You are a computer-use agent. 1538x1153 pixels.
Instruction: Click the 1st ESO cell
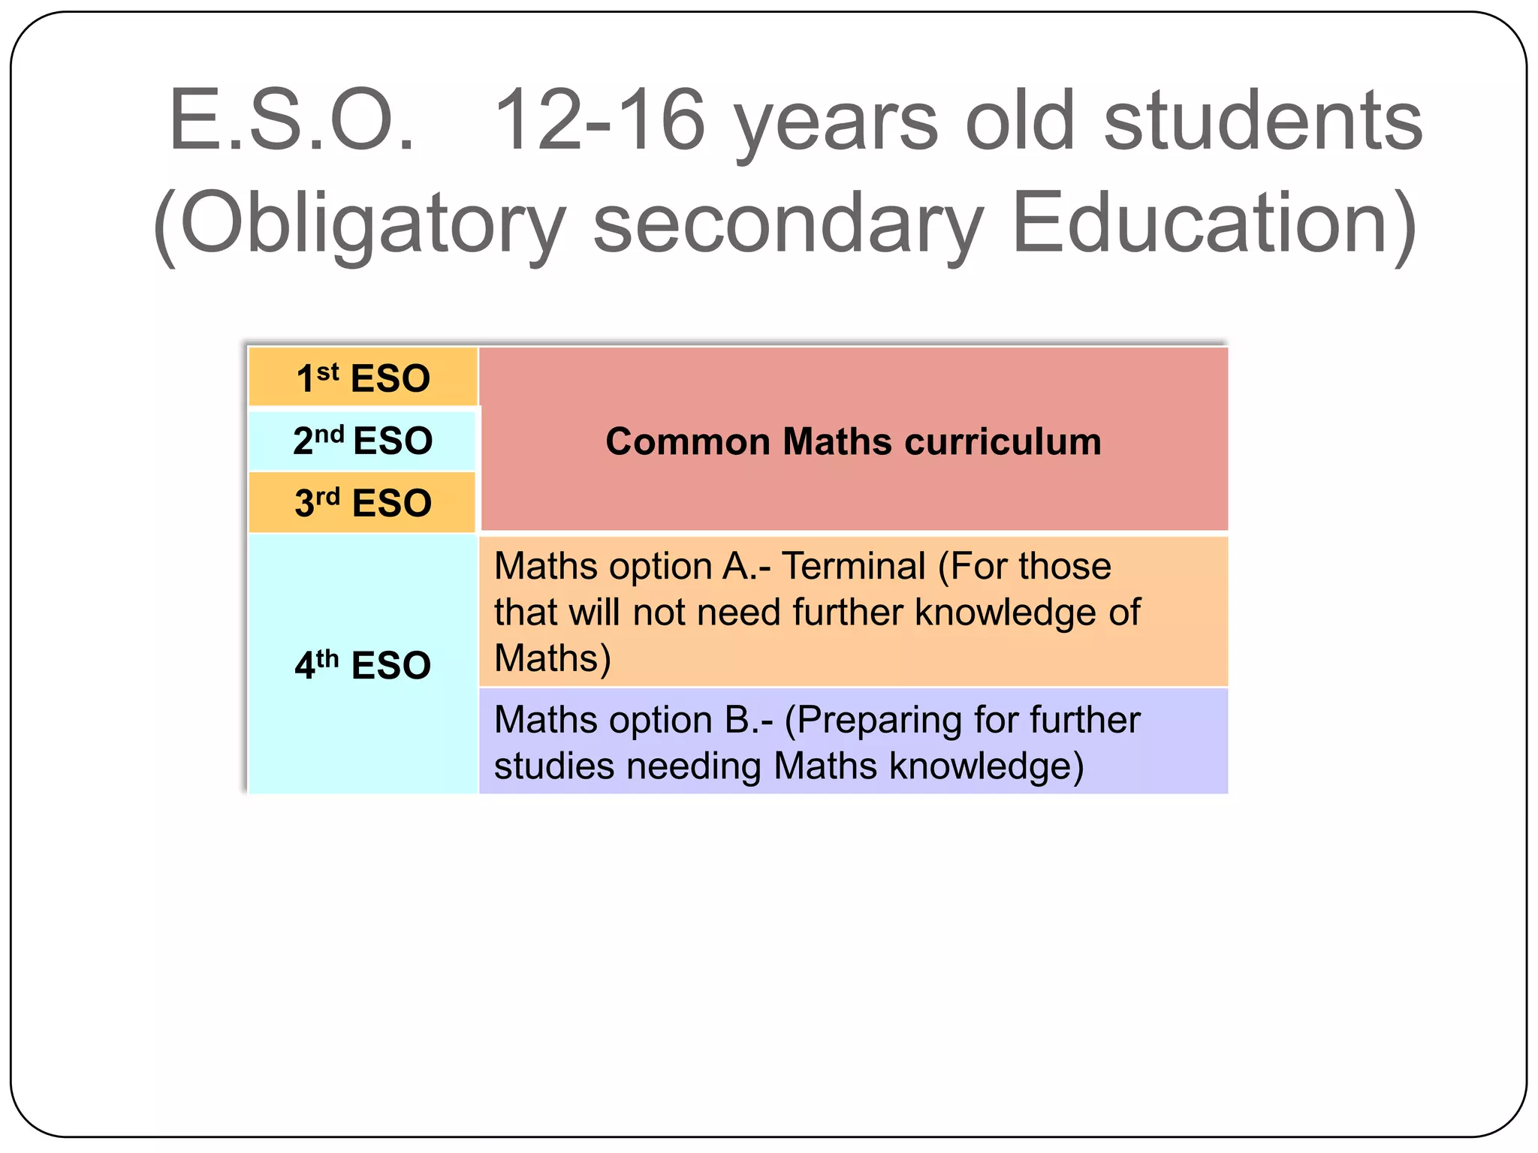363,377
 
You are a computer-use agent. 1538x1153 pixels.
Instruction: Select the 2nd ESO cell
363,440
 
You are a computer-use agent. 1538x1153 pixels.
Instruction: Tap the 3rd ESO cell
363,502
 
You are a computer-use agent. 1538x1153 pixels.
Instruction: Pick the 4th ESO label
363,665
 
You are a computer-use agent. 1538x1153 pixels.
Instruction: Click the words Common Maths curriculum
853,441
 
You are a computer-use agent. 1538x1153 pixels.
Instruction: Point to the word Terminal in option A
854,566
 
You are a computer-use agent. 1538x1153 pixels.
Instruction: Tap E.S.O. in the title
292,121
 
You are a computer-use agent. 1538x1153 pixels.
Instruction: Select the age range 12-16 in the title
600,121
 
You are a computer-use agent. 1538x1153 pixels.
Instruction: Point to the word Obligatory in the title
372,224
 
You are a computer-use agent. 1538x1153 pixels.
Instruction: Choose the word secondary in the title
789,224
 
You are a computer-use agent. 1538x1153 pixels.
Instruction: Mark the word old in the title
1021,121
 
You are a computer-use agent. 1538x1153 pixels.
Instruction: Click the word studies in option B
553,766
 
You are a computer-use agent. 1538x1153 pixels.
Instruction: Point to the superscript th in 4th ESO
327,658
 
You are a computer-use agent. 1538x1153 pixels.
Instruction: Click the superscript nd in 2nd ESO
329,434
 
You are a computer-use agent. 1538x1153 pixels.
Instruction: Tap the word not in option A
658,613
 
